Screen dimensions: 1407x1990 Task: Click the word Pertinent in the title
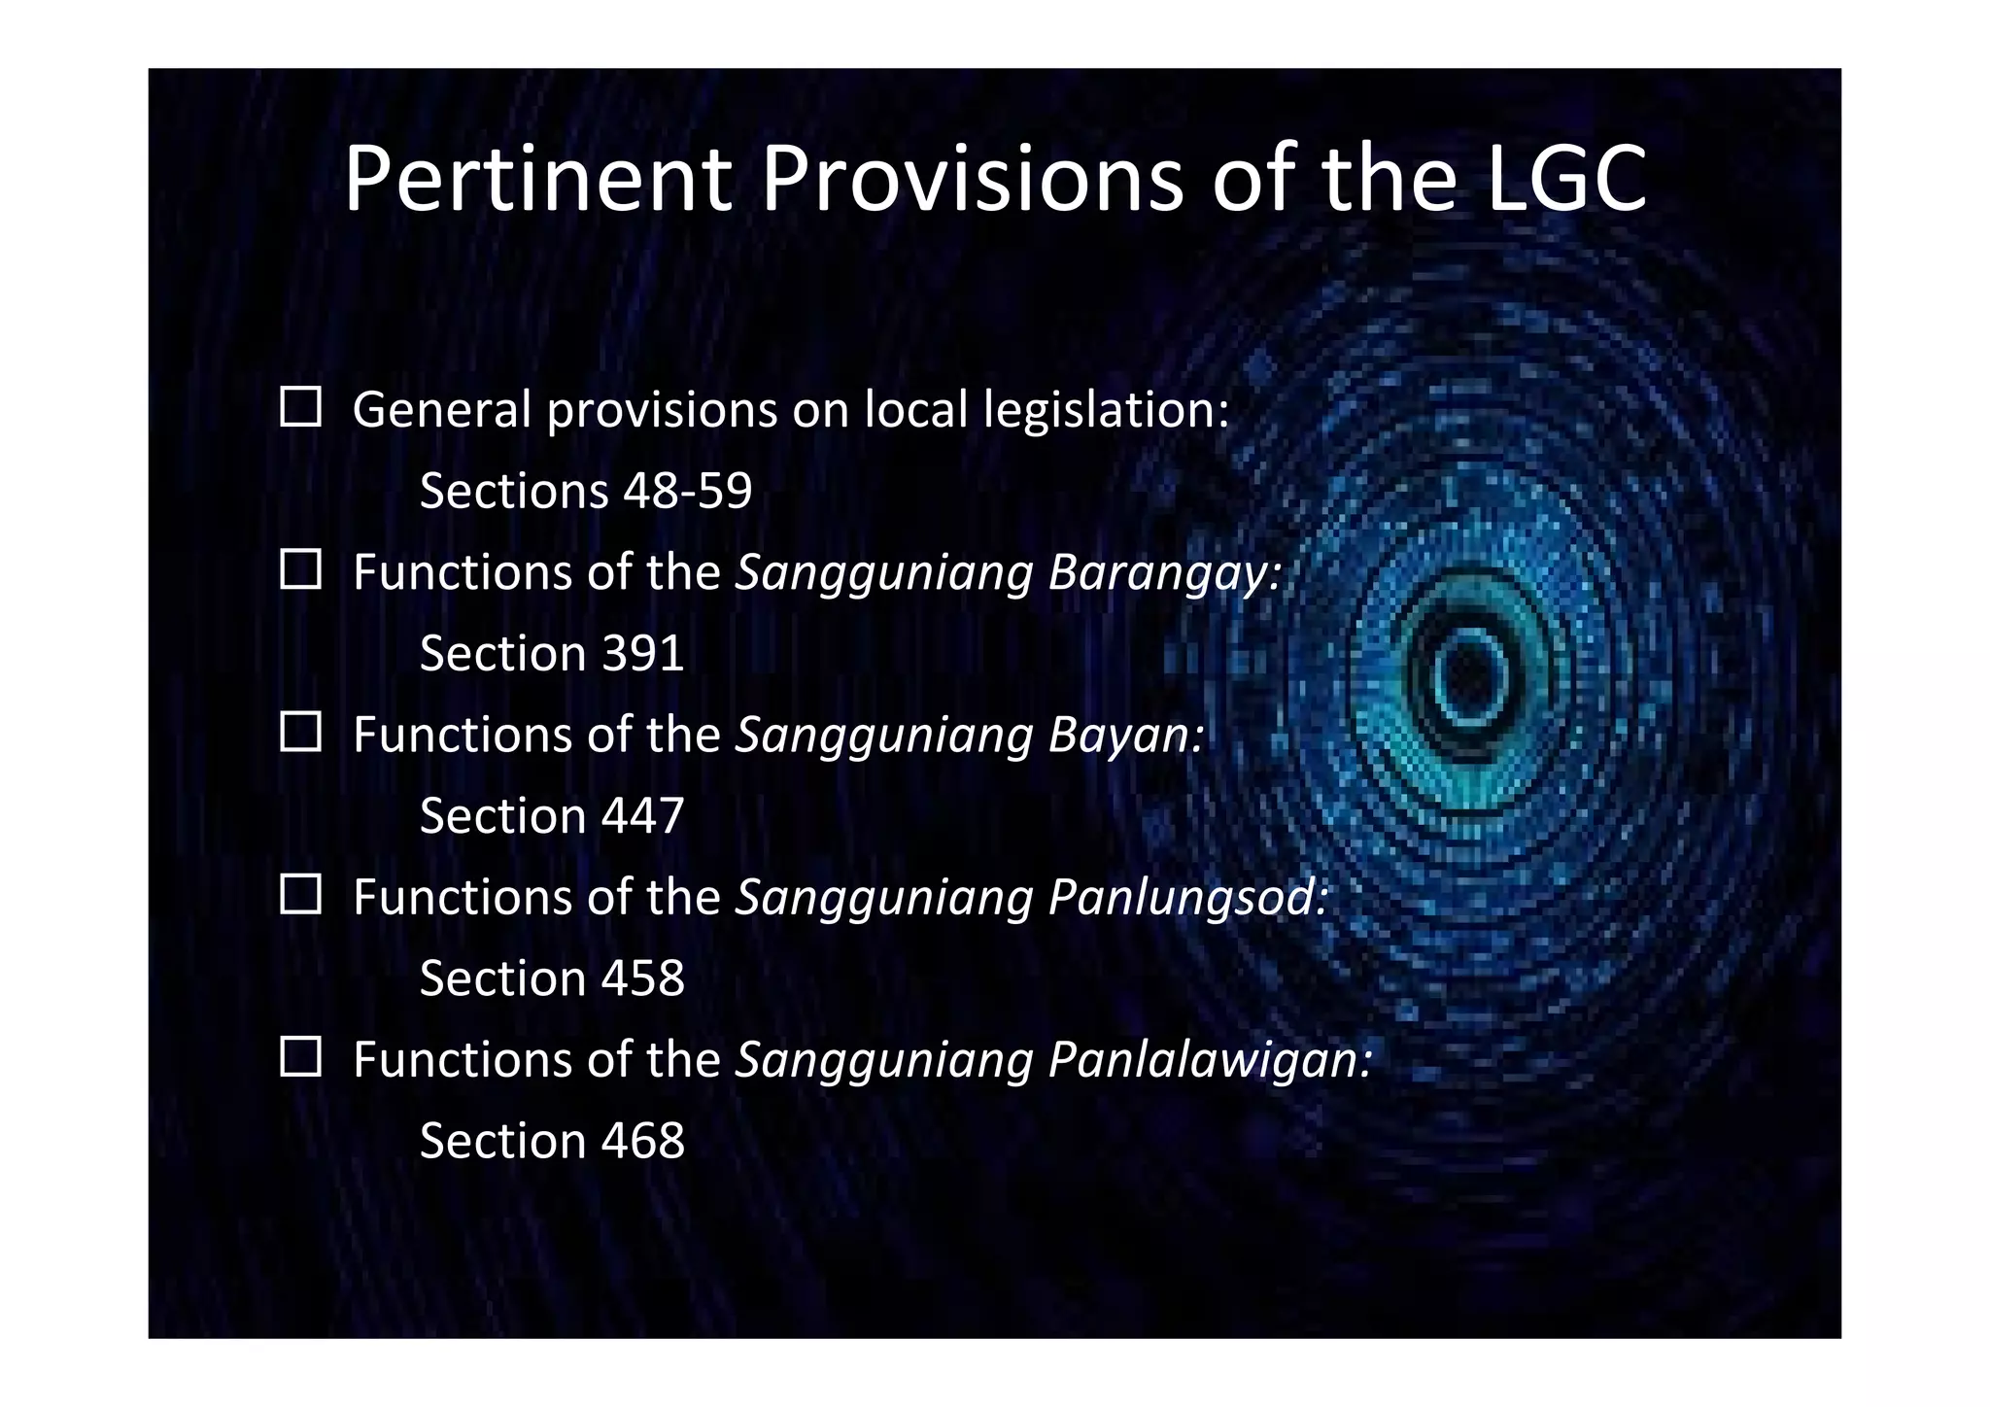pyautogui.click(x=537, y=179)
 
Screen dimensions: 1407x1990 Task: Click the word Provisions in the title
pyautogui.click(x=972, y=179)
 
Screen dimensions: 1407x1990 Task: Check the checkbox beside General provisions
pyautogui.click(x=300, y=407)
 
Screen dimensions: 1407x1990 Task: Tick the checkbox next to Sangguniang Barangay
pyautogui.click(x=300, y=569)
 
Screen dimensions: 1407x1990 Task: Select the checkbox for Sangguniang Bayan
pyautogui.click(x=300, y=732)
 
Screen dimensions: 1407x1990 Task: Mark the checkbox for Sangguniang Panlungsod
pyautogui.click(x=300, y=894)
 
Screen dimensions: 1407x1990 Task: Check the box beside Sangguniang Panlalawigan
pyautogui.click(x=300, y=1056)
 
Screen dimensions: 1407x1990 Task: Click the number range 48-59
pyautogui.click(x=688, y=491)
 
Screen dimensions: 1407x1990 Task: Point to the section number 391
pyautogui.click(x=643, y=653)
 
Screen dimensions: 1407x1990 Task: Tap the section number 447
pyautogui.click(x=643, y=815)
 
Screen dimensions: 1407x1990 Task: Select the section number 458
pyautogui.click(x=643, y=978)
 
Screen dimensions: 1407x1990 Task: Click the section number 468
pyautogui.click(x=643, y=1140)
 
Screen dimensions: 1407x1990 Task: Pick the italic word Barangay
pyautogui.click(x=1163, y=573)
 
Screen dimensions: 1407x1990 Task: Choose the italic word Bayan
pyautogui.click(x=1124, y=736)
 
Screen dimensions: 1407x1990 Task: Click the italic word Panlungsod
pyautogui.click(x=1186, y=898)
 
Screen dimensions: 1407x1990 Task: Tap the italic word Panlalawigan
pyautogui.click(x=1209, y=1059)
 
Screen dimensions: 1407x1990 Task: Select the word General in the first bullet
pyautogui.click(x=442, y=410)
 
